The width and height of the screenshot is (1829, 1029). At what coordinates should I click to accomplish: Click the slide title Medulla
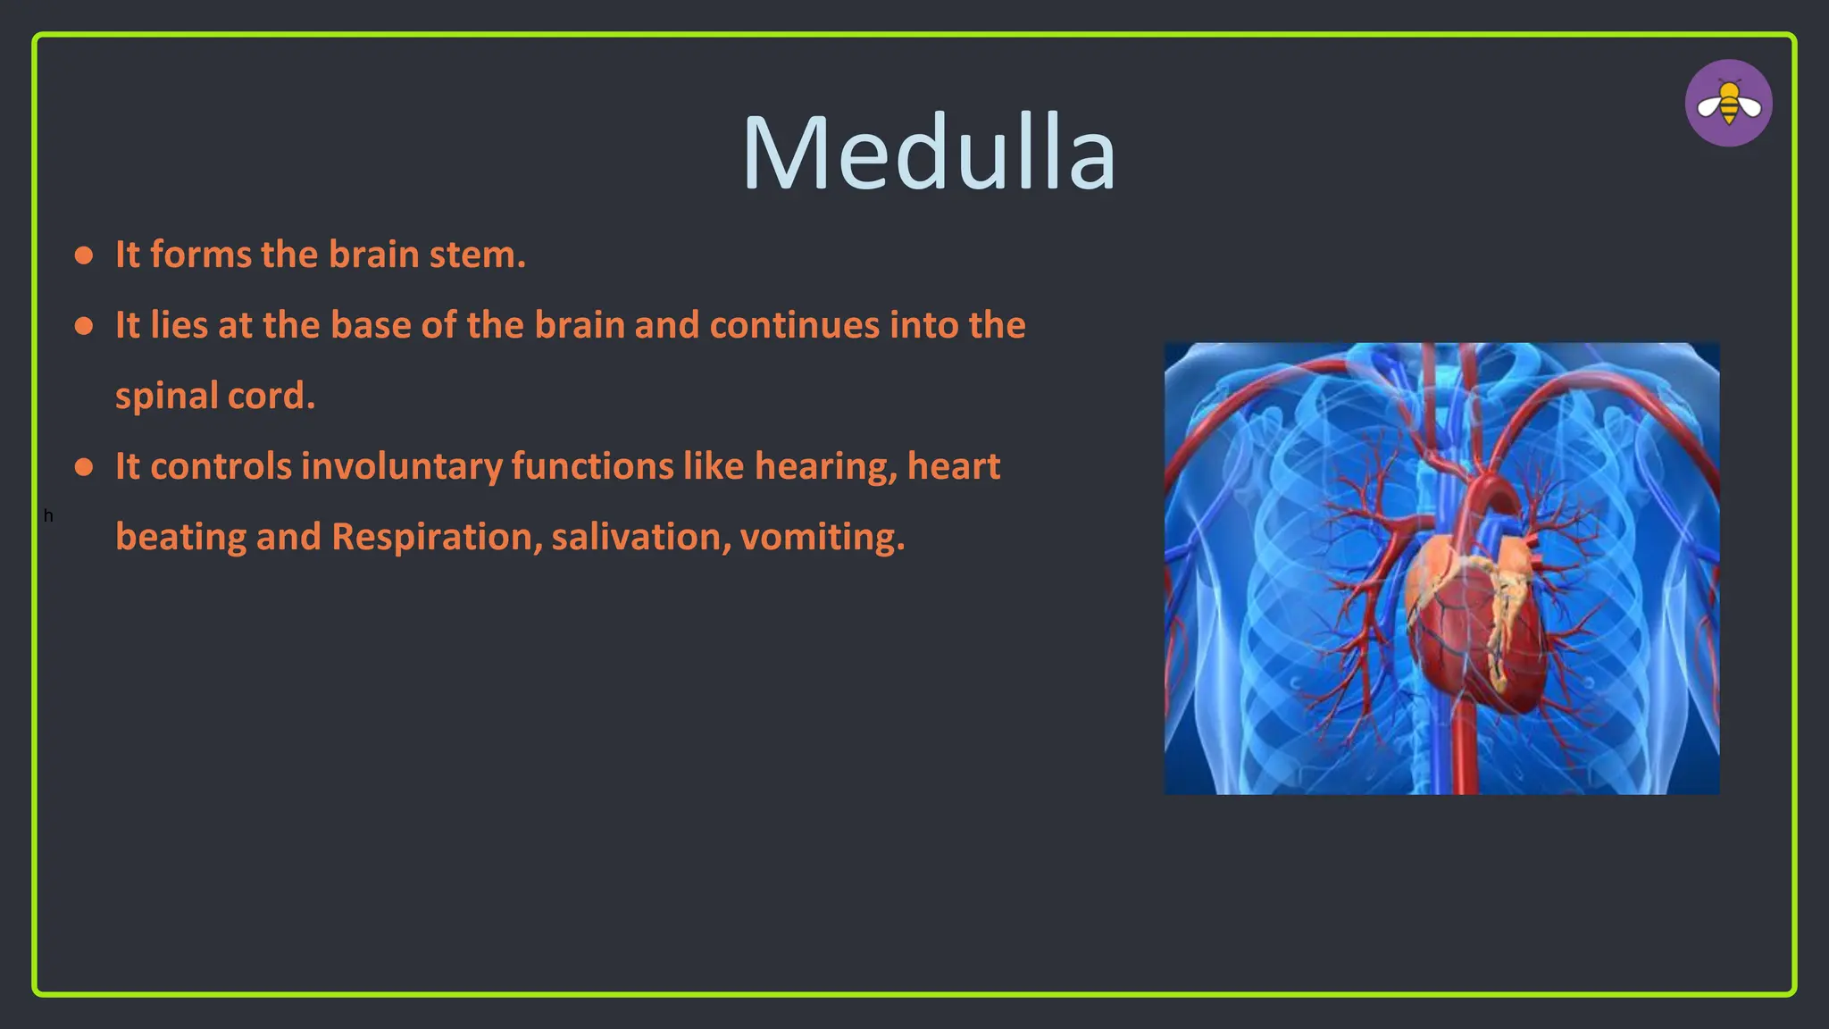929,152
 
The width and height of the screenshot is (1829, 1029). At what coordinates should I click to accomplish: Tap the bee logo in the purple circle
1728,104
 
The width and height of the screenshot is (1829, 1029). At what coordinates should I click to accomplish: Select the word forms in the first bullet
200,255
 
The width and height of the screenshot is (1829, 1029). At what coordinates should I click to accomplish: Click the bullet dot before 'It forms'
84,256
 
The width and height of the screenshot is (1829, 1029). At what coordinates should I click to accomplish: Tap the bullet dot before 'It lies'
84,327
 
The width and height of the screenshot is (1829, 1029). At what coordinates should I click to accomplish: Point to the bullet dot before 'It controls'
84,468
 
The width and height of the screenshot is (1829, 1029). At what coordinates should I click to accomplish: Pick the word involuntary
401,467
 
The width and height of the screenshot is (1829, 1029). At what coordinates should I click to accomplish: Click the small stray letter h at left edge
48,515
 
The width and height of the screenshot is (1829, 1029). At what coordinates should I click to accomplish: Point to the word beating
180,537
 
